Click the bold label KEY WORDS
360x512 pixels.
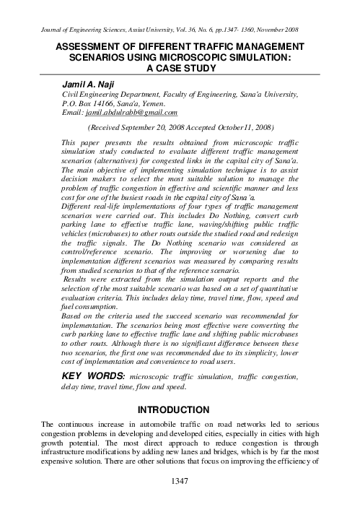[x=94, y=377]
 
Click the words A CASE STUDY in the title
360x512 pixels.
[x=180, y=69]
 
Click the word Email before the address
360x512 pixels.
[x=73, y=113]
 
